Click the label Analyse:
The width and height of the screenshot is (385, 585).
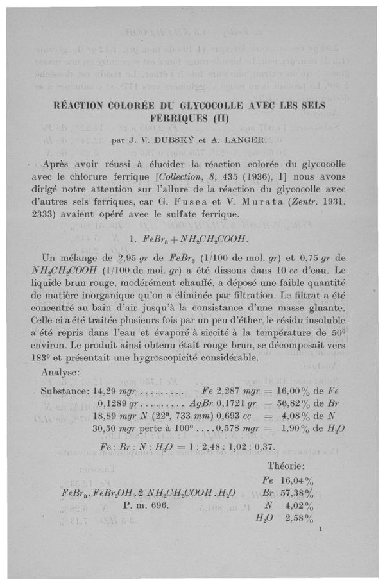click(60, 373)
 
